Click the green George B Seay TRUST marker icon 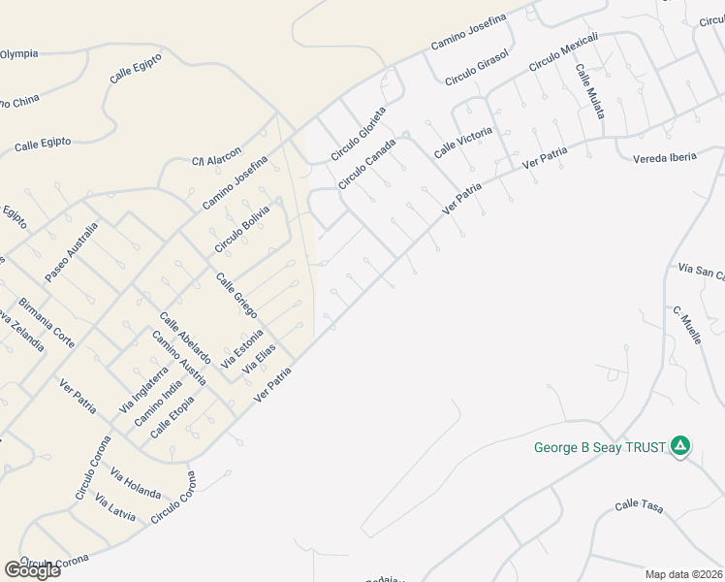[x=680, y=446]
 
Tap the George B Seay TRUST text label [x=600, y=447]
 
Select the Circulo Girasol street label [x=476, y=66]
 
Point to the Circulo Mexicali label [x=563, y=52]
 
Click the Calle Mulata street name [x=590, y=91]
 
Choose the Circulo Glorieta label [x=358, y=133]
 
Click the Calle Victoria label [x=462, y=143]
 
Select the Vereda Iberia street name [x=664, y=158]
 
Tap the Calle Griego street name [x=236, y=295]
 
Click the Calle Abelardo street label [x=185, y=338]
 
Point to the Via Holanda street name [x=136, y=483]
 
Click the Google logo [x=32, y=570]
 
